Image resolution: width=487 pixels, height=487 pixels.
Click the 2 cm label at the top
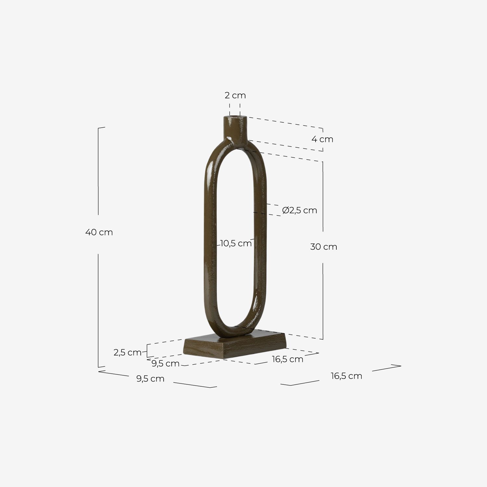click(x=235, y=95)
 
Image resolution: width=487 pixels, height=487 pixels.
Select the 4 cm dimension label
click(x=322, y=139)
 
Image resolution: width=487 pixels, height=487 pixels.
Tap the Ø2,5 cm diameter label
click(x=299, y=210)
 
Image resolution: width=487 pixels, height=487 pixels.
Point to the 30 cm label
click(x=323, y=247)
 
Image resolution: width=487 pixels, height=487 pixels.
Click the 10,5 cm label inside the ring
click(x=236, y=243)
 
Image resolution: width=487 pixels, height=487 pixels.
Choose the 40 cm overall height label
click(x=99, y=232)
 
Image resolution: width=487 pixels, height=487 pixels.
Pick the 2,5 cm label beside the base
click(x=127, y=352)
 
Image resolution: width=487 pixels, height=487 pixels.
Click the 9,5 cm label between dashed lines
click(x=165, y=364)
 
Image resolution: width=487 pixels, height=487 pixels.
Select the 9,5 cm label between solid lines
click(x=150, y=379)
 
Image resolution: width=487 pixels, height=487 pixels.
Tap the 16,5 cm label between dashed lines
click(x=287, y=359)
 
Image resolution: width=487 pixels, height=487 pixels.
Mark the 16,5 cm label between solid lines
click(x=346, y=376)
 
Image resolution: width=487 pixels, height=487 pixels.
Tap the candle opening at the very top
click(x=235, y=116)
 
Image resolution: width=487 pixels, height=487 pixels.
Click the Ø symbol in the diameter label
click(x=285, y=210)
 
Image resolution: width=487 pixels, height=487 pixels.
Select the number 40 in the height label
click(x=91, y=232)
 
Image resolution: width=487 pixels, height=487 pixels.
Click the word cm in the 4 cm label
click(x=327, y=139)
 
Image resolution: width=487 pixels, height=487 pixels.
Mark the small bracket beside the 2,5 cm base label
click(x=147, y=351)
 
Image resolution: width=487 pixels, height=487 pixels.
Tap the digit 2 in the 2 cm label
click(x=227, y=95)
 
